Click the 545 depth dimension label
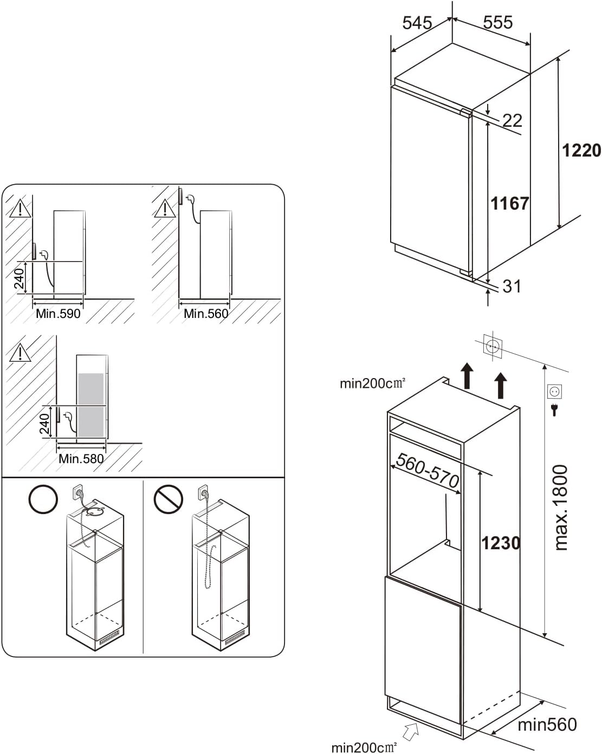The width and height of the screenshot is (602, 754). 417,23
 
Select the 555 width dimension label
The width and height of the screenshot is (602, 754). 497,22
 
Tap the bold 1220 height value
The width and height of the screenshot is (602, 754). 581,150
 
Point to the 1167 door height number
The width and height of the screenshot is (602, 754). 509,203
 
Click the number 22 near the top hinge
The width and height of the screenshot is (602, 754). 512,120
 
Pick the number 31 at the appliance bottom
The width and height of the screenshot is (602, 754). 512,286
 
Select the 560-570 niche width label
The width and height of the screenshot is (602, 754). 428,471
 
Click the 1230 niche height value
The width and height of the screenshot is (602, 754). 501,542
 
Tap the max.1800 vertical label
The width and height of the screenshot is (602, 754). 560,508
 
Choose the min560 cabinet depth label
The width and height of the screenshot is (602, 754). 547,724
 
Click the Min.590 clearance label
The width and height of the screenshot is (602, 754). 58,314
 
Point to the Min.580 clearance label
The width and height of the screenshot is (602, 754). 81,458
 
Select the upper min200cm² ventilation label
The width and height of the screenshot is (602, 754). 372,383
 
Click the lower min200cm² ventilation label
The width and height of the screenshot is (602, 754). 364,747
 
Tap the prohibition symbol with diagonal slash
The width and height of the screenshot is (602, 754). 167,499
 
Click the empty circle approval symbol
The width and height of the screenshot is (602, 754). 43,499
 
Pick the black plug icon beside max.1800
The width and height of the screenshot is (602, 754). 554,410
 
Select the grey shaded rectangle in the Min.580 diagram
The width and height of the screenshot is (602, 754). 91,405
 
